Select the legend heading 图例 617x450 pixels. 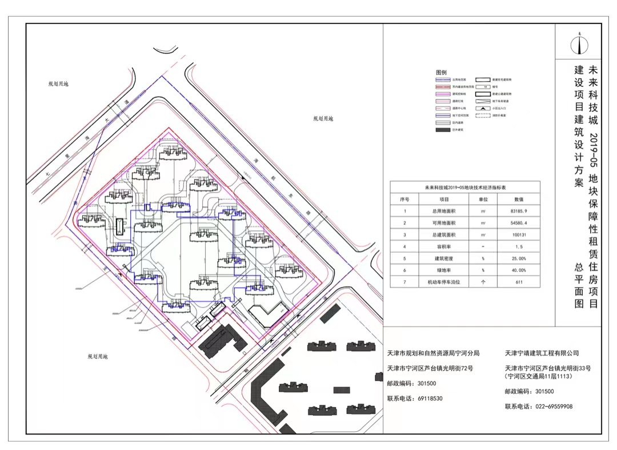click(440, 73)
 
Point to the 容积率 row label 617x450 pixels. click(444, 246)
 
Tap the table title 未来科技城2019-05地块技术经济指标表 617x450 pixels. click(464, 187)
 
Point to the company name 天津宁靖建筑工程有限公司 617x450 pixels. click(542, 353)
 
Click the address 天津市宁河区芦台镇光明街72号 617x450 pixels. click(430, 368)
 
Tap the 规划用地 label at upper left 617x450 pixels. click(58, 84)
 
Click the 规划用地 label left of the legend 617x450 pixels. click(323, 119)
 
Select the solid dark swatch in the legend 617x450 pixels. click(443, 130)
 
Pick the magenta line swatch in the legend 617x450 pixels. click(443, 93)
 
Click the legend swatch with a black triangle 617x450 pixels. click(483, 107)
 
